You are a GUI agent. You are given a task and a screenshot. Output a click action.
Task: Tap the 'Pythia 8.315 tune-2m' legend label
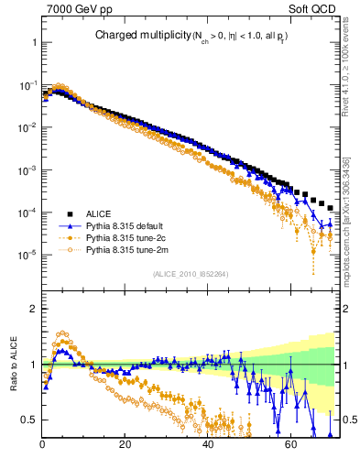[128, 249]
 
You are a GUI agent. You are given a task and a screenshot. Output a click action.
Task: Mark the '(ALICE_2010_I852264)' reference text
[190, 273]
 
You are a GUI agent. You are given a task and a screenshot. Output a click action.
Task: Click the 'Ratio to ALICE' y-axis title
[14, 365]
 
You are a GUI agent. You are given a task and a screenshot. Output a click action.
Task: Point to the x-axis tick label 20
[125, 446]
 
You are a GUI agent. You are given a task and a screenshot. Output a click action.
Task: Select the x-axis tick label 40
[208, 446]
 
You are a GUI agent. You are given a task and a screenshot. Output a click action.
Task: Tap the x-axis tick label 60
[290, 446]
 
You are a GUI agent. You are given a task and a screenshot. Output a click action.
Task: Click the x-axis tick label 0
[43, 446]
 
